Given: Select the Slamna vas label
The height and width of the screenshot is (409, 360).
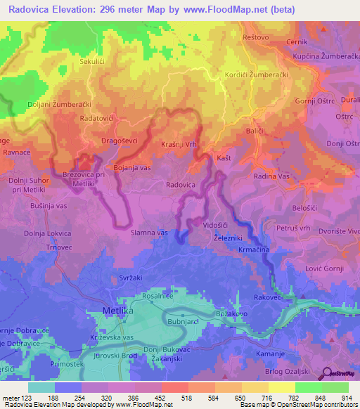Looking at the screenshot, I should click(149, 232).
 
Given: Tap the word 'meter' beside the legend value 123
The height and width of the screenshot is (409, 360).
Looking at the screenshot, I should click(11, 398).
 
